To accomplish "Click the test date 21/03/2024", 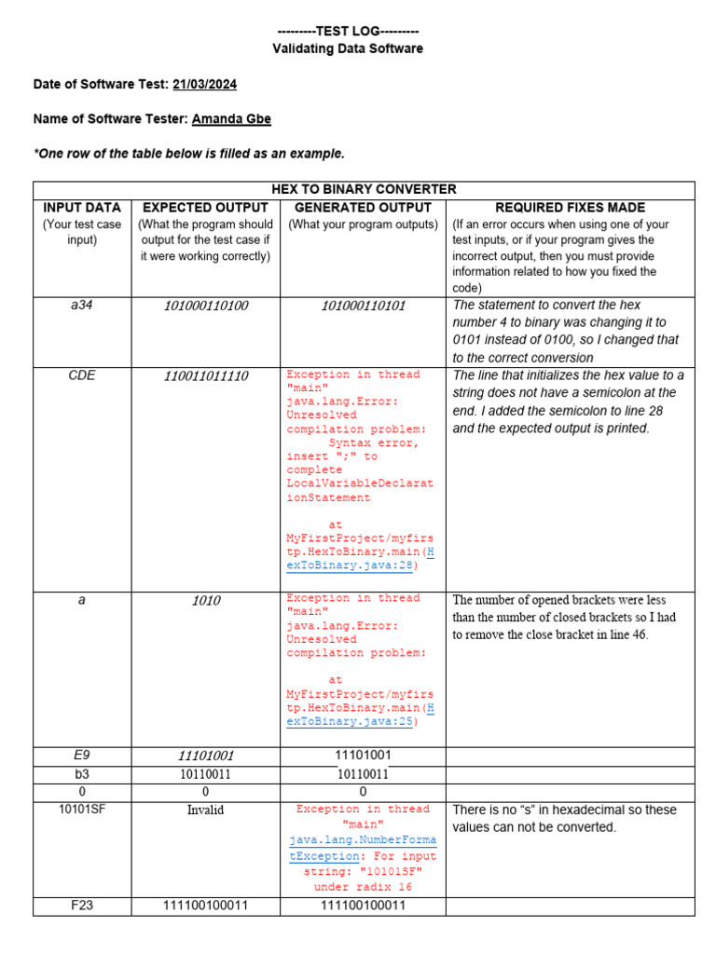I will [x=204, y=84].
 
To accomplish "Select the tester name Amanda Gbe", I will [x=231, y=118].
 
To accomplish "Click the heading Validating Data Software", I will [x=347, y=48].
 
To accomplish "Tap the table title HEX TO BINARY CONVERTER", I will [x=364, y=189].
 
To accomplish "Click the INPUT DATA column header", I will [x=82, y=208].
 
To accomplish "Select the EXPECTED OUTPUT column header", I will [x=205, y=208].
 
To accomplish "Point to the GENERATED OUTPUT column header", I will [x=363, y=208].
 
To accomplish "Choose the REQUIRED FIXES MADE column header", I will [x=570, y=208].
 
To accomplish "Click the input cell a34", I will [x=82, y=306].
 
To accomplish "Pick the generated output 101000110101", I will [x=363, y=306].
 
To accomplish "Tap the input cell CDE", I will [x=82, y=375].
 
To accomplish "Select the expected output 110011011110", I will [x=205, y=376].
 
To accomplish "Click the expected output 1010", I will [x=205, y=601].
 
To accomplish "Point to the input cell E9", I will [x=82, y=756].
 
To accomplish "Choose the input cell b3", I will [x=82, y=773].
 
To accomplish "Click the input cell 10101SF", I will [x=82, y=809].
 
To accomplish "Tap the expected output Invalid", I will [x=205, y=811].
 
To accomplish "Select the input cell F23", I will [x=82, y=905].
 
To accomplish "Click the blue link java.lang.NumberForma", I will [x=363, y=840].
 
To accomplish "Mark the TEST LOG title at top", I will [x=347, y=31].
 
